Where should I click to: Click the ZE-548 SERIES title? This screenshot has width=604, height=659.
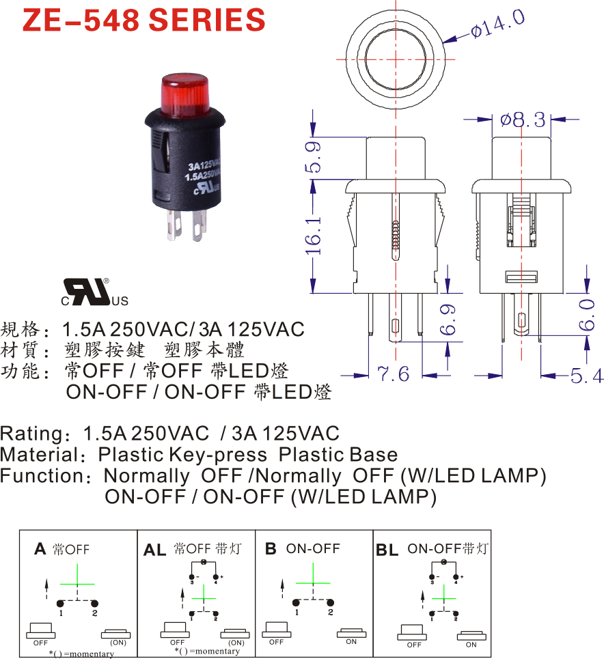point(143,20)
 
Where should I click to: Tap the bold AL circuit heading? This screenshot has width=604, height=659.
point(155,550)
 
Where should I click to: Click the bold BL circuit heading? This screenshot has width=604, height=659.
point(387,550)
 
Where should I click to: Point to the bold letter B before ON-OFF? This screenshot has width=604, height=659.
point(271,549)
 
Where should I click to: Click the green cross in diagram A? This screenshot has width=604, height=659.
point(79,584)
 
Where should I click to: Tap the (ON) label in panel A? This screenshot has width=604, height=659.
point(118,643)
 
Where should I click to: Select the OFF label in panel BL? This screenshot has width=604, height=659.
point(414,645)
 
